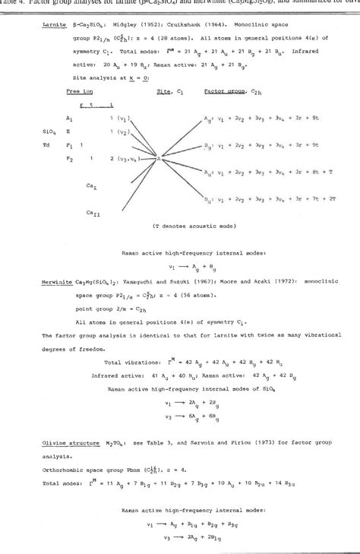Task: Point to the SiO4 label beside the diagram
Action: click(x=48, y=131)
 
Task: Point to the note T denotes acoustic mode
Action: click(x=181, y=226)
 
